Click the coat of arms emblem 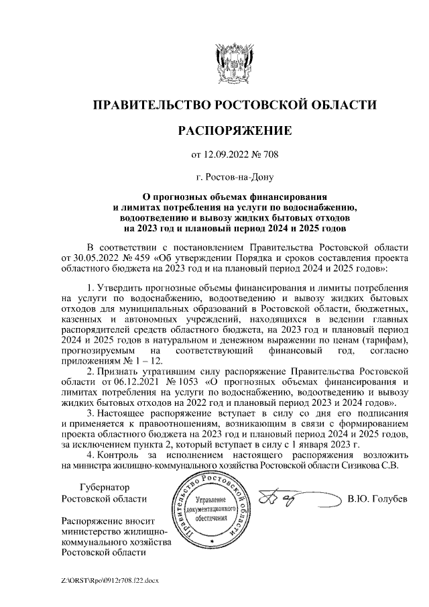point(234,63)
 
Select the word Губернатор point(105,488)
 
